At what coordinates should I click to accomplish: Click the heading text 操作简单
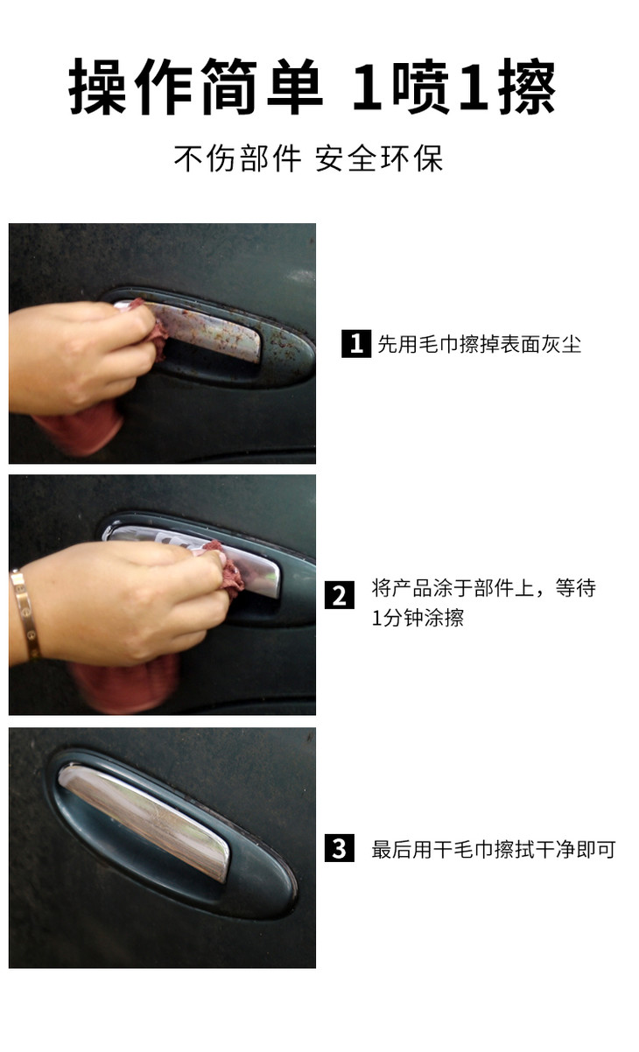click(x=196, y=87)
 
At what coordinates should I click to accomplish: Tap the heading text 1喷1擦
click(x=454, y=87)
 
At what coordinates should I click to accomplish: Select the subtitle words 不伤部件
click(x=238, y=158)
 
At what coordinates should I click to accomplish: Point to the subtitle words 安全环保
click(x=379, y=158)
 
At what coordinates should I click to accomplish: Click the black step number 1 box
click(x=356, y=344)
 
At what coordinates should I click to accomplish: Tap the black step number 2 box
click(x=340, y=595)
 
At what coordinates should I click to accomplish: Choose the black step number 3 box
click(x=340, y=848)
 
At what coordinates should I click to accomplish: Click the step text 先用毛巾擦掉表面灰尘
click(x=480, y=344)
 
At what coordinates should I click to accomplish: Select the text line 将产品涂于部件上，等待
click(x=484, y=587)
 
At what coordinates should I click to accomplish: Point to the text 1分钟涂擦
click(x=418, y=618)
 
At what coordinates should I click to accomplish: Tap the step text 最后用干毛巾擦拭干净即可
click(x=494, y=849)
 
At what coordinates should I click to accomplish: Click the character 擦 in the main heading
click(x=527, y=87)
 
